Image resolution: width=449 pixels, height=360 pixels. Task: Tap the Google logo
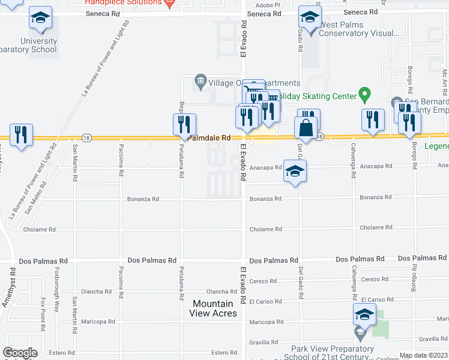(x=20, y=353)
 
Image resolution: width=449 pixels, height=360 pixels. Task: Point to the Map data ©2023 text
(x=423, y=355)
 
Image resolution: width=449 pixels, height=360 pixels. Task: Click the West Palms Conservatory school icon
(x=310, y=18)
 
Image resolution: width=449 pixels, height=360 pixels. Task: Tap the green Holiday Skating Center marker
(x=363, y=94)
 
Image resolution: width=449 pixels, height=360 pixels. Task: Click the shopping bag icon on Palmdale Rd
(x=306, y=128)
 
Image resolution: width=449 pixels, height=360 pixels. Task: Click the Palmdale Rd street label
(x=209, y=138)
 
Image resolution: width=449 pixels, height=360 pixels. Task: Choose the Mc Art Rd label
(x=445, y=81)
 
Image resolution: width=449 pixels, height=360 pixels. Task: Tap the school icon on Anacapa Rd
(x=294, y=172)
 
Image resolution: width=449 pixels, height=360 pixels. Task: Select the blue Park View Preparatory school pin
(x=364, y=314)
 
